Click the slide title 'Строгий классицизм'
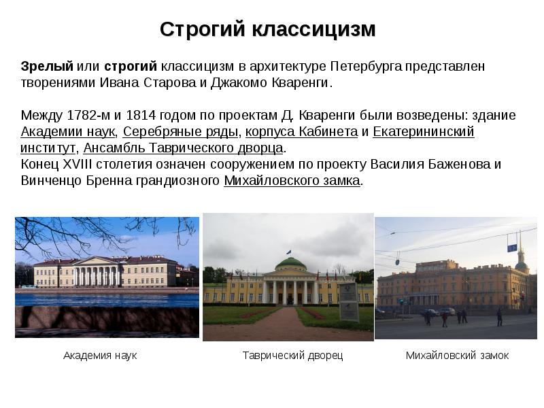[268, 30]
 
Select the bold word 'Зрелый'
[46, 67]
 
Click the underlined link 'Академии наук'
[68, 131]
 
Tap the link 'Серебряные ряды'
[181, 131]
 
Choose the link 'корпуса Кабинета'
[301, 131]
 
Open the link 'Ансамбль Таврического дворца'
[183, 148]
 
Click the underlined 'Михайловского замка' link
[292, 181]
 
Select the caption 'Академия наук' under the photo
[100, 356]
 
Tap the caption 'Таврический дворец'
[292, 356]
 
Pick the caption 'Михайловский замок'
[457, 356]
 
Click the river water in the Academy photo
[102, 299]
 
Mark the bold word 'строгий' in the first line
[131, 67]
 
